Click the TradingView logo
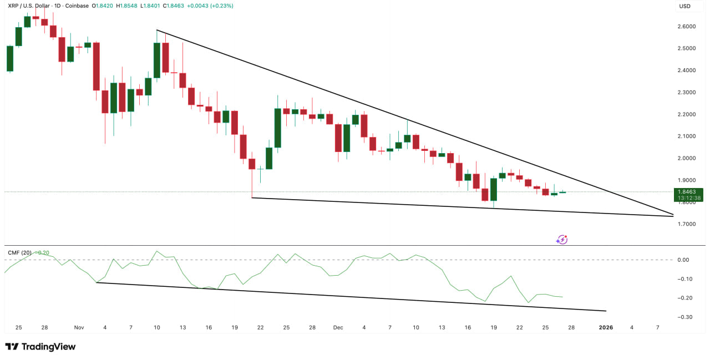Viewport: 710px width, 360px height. tap(40, 347)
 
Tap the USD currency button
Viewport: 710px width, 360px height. tap(684, 6)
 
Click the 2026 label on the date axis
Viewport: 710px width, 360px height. tap(606, 327)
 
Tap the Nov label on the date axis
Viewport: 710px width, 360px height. tap(79, 327)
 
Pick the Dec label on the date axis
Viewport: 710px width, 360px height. tap(338, 327)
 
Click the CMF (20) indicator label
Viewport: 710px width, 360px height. tap(19, 253)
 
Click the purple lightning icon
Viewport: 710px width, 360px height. tap(562, 240)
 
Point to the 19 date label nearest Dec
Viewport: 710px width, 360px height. tap(494, 327)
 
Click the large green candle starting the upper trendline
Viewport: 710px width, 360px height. tap(157, 60)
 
